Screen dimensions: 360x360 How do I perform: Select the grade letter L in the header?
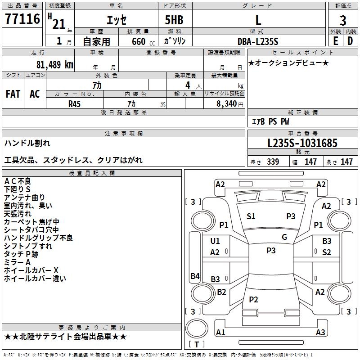[258, 20]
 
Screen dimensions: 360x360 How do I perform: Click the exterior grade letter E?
[335, 41]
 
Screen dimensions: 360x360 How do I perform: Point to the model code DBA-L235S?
[258, 41]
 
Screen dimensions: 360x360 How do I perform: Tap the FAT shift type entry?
[13, 94]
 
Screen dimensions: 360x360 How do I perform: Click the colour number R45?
[74, 103]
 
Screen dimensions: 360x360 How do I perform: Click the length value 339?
[273, 162]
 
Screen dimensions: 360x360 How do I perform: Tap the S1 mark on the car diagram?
[251, 216]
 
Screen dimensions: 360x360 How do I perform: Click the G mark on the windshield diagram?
[284, 237]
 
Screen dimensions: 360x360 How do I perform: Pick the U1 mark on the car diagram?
[215, 241]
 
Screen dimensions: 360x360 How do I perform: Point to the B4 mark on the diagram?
[195, 276]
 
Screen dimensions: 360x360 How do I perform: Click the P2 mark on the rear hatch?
[253, 299]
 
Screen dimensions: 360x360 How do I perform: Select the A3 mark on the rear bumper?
[320, 333]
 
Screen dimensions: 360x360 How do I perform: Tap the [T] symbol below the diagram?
[197, 344]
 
